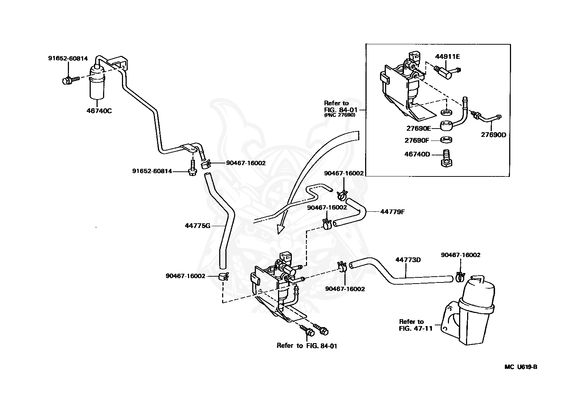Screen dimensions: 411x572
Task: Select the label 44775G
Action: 197,225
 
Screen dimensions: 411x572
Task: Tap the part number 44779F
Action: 392,211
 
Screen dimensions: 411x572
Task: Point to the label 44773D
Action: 408,260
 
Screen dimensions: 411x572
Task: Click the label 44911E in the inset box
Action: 448,56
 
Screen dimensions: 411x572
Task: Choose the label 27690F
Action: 417,140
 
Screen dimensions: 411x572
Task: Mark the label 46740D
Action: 417,154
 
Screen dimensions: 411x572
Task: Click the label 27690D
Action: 493,134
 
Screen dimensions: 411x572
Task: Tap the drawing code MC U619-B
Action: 520,367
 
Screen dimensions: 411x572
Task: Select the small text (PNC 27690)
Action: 339,115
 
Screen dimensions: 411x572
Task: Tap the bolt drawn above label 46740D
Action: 446,158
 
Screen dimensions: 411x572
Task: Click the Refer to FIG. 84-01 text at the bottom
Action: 307,346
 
